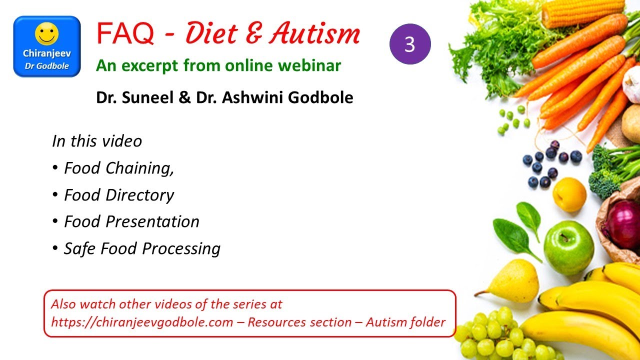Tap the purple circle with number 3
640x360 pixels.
(410, 44)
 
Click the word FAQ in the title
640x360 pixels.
(125, 34)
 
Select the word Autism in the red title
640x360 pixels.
(314, 34)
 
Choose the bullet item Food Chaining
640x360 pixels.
(118, 168)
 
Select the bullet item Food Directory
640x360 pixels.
(118, 195)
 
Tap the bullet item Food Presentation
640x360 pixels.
(131, 221)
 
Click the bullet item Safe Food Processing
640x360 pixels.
(142, 248)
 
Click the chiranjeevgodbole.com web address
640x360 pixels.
(142, 322)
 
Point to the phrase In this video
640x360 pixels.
(97, 141)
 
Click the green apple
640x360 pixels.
(568, 248)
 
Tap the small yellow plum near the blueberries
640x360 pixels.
(569, 194)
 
